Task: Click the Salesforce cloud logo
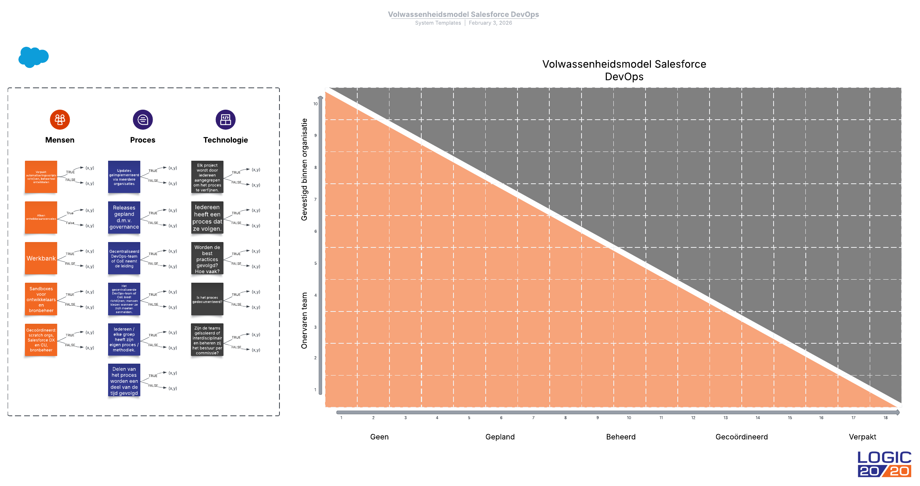[x=33, y=57]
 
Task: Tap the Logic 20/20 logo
[x=884, y=464]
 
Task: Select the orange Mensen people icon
[x=60, y=120]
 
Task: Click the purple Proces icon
[x=143, y=120]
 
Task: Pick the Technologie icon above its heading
[x=225, y=120]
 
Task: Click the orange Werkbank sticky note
[x=41, y=258]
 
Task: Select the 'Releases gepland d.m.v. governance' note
[x=124, y=217]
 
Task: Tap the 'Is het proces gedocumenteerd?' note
[x=207, y=299]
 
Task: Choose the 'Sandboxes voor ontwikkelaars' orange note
[x=41, y=299]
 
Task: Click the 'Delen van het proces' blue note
[x=124, y=381]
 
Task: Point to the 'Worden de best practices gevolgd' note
[x=207, y=259]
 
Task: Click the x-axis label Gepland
[x=500, y=437]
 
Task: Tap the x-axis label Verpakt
[x=862, y=437]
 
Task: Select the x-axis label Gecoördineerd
[x=741, y=437]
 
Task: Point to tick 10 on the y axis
[x=315, y=104]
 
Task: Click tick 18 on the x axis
[x=886, y=418]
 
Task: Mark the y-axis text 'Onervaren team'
[x=304, y=321]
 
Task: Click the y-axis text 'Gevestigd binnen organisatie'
[x=304, y=170]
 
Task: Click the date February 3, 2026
[x=490, y=23]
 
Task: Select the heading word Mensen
[x=60, y=140]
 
